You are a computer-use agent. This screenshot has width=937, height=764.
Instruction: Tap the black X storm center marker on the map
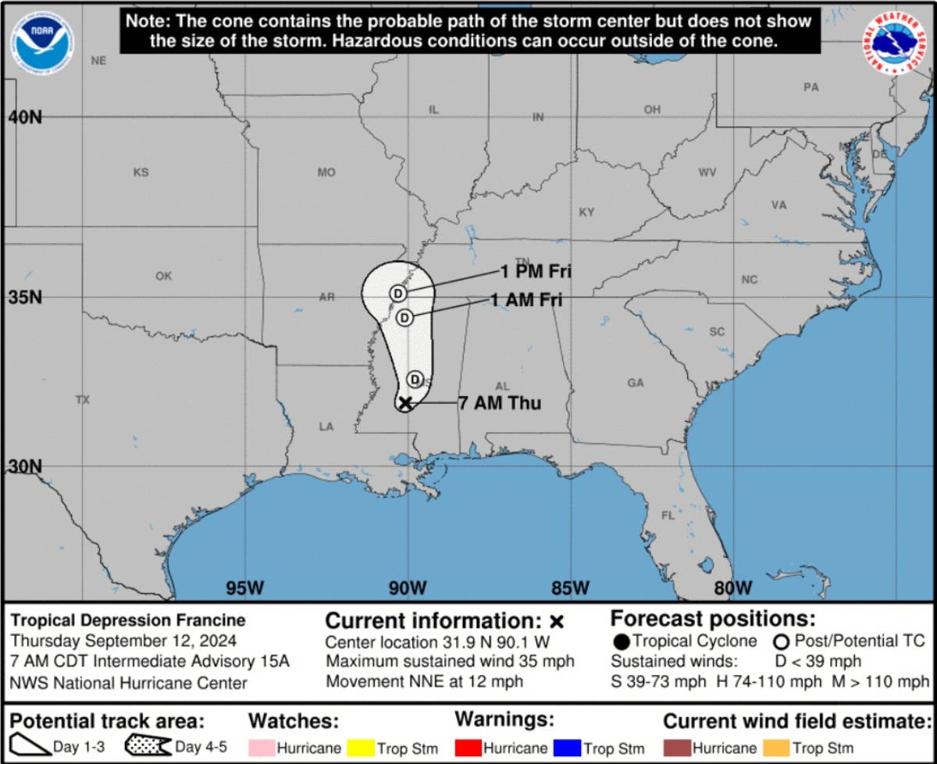coord(404,403)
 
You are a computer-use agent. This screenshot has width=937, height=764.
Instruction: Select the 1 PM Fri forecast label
coord(536,272)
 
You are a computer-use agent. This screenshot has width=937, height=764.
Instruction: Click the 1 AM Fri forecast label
coord(526,299)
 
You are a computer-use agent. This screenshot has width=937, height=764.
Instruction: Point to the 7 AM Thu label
coord(500,403)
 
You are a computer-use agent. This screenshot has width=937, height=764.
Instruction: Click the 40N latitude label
coord(25,117)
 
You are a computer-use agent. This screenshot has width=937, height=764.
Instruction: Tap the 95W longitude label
coord(244,587)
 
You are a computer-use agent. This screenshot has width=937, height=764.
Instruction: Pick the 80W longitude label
coord(732,587)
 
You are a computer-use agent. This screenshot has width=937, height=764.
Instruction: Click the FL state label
coord(668,516)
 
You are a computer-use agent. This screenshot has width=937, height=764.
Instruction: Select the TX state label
coord(83,399)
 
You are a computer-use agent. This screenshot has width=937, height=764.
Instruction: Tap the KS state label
coord(141,172)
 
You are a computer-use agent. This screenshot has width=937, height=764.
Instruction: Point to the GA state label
coord(636,383)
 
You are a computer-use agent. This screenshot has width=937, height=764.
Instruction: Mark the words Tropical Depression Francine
coord(127,620)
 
